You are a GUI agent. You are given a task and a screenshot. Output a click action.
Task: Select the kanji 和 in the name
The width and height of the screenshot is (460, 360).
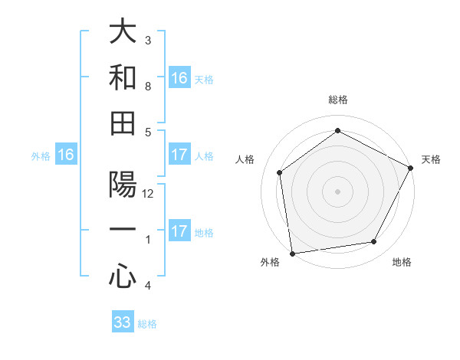coord(123,77)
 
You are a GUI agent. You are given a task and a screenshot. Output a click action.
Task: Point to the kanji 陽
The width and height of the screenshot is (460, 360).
coord(123,186)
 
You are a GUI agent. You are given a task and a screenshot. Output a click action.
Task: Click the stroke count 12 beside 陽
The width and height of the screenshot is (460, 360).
coord(149,194)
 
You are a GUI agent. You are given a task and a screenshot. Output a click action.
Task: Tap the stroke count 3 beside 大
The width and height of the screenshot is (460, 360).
coord(148,40)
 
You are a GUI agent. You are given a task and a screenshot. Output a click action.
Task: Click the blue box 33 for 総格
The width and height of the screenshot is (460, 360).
coord(123,322)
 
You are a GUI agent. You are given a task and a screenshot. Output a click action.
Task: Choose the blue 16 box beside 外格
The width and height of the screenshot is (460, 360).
coord(66,155)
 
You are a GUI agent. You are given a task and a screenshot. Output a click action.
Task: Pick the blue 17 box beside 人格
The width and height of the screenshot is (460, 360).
coord(179,155)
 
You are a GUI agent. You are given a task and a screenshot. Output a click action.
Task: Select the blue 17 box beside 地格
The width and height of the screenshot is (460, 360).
coord(179,231)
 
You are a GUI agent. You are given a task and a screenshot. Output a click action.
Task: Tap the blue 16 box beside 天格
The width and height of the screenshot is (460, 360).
coord(179,78)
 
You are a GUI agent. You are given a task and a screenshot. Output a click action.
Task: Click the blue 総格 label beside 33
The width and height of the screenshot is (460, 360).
coord(147,324)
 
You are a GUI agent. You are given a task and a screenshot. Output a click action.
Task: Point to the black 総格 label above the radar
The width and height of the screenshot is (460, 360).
coord(337,100)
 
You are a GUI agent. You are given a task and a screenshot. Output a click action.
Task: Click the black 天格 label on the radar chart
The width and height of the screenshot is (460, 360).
coord(431,159)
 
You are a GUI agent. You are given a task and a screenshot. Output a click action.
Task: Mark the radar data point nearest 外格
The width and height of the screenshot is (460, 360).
coord(292,253)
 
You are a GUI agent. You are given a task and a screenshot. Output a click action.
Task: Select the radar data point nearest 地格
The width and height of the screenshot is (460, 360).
coord(374,242)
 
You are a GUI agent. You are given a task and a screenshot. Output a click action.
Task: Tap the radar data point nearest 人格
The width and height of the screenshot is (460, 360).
coord(280,172)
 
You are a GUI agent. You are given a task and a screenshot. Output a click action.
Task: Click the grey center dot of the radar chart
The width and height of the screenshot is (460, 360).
coord(337,191)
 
